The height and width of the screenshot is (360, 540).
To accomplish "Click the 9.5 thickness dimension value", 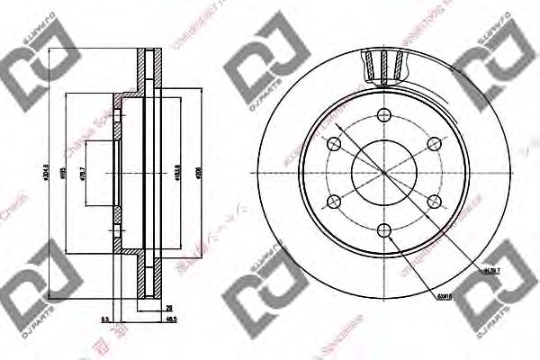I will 106,319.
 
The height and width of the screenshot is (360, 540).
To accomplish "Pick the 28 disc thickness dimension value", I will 168,309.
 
